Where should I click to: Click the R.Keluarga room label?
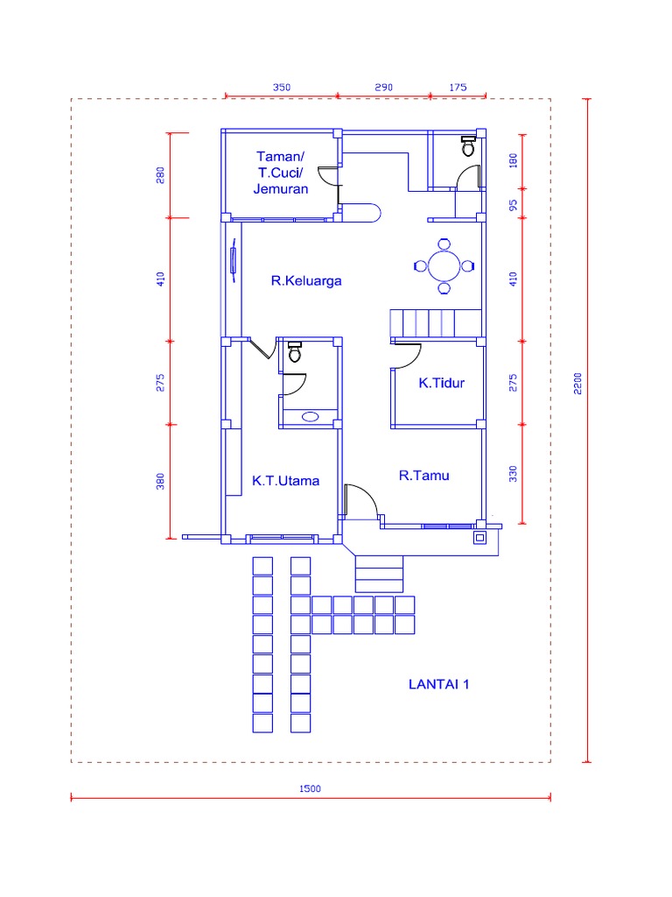305,281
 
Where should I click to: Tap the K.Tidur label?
441,383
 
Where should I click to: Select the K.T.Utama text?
285,480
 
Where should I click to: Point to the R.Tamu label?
424,476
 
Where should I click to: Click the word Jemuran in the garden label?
281,188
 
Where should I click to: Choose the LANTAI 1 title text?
439,684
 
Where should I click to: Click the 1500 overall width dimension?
311,788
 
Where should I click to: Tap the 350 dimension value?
282,88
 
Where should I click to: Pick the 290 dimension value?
384,88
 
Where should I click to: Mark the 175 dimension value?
458,88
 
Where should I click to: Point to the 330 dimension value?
514,474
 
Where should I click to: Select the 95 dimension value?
514,203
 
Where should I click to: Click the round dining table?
444,265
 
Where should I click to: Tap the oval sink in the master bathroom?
311,417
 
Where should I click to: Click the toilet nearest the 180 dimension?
468,146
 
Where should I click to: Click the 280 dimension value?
161,175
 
